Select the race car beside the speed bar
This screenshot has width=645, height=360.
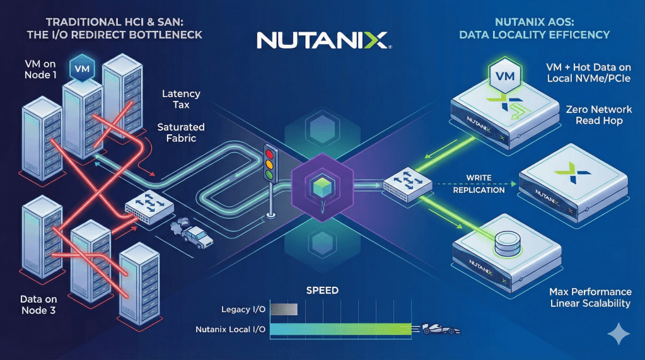point(439,329)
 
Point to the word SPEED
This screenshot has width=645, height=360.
point(322,291)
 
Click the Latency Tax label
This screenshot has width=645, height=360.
point(181,99)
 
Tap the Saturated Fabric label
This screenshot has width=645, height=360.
point(181,133)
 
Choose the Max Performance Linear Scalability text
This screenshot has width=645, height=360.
point(590,298)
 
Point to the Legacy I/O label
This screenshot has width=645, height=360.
point(243,309)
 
